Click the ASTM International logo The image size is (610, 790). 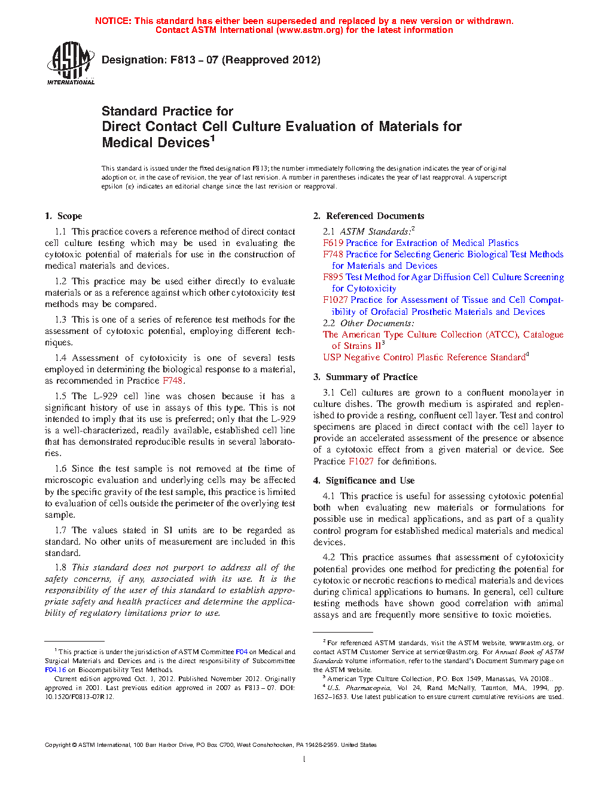71,63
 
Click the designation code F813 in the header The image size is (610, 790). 183,60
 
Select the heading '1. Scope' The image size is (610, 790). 64,216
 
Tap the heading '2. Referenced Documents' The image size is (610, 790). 369,216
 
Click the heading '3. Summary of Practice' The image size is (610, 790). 365,377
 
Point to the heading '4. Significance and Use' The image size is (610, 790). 364,481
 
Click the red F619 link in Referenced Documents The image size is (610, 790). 333,243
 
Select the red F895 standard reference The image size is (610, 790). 333,277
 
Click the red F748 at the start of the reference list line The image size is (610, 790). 333,254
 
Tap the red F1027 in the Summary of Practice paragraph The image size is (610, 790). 361,461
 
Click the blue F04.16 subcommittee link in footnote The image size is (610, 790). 56,670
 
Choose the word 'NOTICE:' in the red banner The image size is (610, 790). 113,21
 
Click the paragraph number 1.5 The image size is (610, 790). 60,396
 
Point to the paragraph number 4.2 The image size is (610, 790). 329,557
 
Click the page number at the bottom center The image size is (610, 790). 304,759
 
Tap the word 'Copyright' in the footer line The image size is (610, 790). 57,745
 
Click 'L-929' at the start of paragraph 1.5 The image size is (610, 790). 105,396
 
